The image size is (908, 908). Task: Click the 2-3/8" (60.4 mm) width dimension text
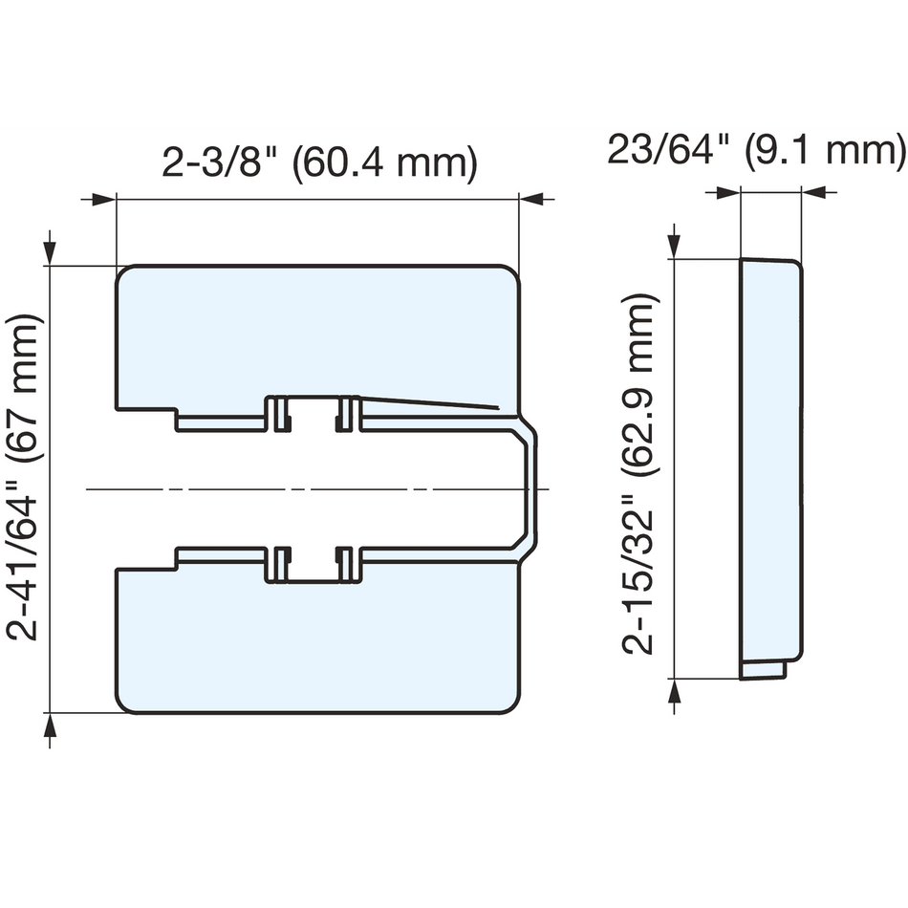coord(318,163)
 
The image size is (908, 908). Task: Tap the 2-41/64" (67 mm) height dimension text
coord(27,477)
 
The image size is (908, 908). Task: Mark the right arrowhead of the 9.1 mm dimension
coord(814,193)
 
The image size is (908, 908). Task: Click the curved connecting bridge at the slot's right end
coord(530,488)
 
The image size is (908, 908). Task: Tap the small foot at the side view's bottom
coord(764,670)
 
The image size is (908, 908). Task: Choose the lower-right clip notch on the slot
coord(347,566)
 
